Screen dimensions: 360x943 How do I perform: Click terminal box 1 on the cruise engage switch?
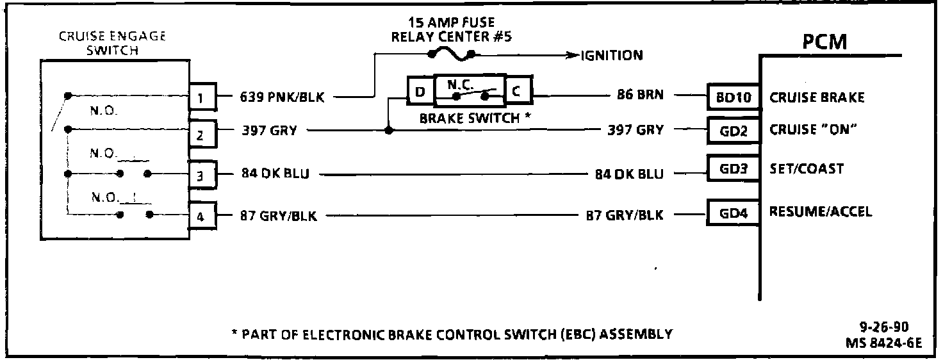[x=201, y=97]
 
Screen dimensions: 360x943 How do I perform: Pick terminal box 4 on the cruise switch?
[x=201, y=217]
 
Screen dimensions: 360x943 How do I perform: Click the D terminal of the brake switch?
[x=420, y=92]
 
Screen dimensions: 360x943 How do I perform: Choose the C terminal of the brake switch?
[x=518, y=92]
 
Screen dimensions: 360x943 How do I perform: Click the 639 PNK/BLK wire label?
[x=283, y=97]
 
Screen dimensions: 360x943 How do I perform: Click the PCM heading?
[x=824, y=42]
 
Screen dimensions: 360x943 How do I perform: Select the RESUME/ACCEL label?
[x=820, y=211]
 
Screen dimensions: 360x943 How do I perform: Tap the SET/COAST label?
[x=807, y=169]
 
